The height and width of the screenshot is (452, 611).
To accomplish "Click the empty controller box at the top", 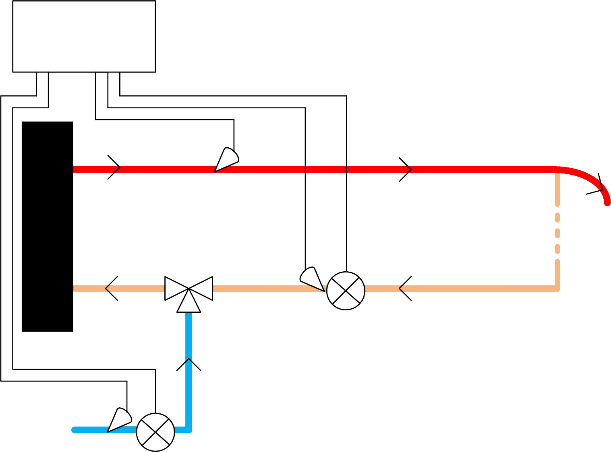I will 84,36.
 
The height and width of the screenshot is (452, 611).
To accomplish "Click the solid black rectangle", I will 48,227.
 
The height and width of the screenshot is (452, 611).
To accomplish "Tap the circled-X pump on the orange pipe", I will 346,291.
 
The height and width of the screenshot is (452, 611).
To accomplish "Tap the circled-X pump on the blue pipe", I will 155,432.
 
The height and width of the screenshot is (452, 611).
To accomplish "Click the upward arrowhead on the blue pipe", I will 188,364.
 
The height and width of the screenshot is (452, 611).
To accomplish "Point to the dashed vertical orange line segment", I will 557,233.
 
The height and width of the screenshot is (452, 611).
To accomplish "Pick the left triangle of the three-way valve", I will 174,288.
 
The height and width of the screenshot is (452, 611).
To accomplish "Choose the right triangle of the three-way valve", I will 203,288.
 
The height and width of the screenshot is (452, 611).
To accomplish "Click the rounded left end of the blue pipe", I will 74,430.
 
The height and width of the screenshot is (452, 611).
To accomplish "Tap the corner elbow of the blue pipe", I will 188,429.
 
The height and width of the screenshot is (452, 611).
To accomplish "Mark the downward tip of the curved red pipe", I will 607,203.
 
